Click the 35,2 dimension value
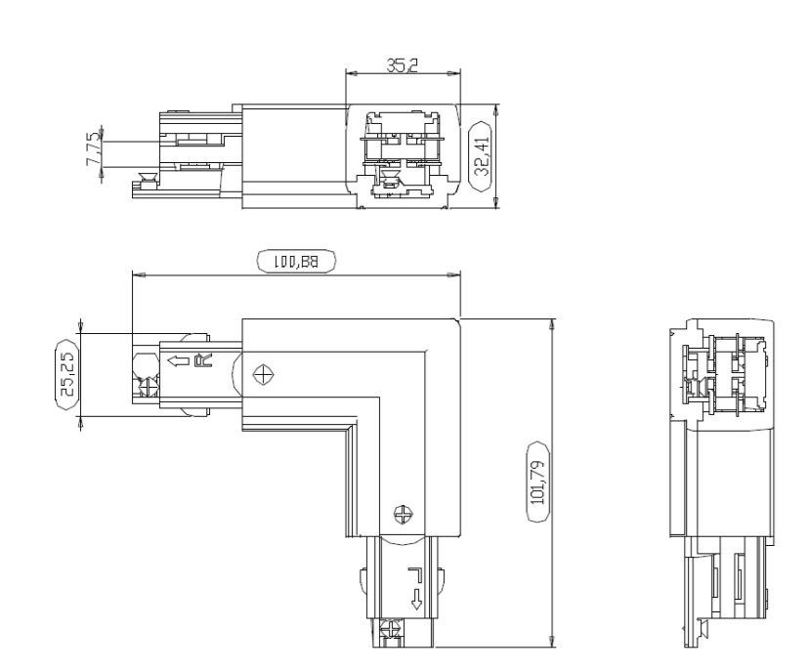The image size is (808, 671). [403, 64]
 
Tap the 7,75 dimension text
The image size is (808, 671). [94, 149]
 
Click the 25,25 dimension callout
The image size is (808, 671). [67, 376]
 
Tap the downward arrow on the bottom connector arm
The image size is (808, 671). [416, 599]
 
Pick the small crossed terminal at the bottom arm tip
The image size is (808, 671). [390, 633]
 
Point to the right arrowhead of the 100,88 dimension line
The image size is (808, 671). [455, 275]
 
